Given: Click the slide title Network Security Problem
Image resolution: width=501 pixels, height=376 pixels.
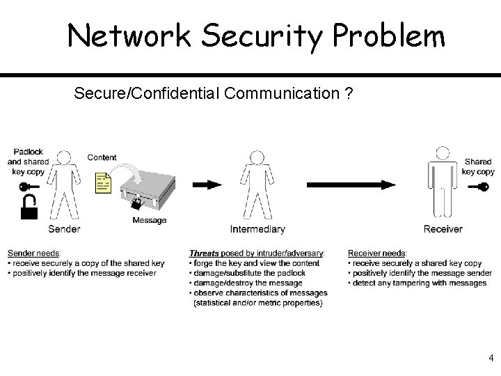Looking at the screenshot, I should (255, 36).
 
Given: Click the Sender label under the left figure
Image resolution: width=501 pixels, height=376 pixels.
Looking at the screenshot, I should (64, 229).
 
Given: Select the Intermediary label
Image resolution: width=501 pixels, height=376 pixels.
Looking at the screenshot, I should (257, 229).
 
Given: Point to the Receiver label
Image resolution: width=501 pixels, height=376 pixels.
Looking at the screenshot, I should (443, 229).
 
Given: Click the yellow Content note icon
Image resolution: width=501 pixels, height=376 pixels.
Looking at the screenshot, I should (103, 184).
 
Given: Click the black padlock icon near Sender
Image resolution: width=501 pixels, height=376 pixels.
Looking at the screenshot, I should (29, 206).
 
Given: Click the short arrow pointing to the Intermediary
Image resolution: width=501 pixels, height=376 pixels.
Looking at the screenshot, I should (207, 185).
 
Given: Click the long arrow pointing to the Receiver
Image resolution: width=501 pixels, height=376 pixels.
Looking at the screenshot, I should (351, 185).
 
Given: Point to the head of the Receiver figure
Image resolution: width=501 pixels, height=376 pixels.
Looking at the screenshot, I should (442, 154).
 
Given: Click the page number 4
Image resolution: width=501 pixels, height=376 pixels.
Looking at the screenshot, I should (491, 358).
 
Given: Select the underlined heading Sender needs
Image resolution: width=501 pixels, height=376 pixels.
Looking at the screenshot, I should (34, 253).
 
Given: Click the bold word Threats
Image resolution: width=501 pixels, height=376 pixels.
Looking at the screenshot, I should (204, 253).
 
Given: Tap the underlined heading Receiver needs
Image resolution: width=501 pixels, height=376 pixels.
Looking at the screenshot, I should (377, 253).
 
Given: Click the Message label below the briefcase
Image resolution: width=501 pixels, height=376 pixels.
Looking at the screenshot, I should (150, 221).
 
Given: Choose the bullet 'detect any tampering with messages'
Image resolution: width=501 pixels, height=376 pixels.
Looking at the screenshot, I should (420, 283).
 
